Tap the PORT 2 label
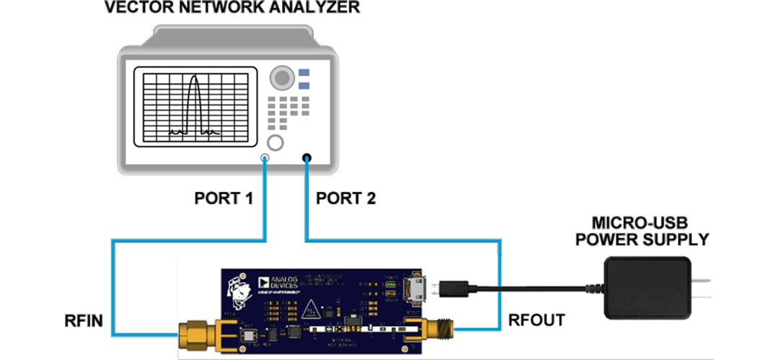coord(346,198)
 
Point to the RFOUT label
coord(537,318)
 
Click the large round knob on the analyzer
coord(281,77)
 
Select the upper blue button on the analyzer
coord(304,73)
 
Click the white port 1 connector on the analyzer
coord(265,158)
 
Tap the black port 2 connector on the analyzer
coord(307,158)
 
